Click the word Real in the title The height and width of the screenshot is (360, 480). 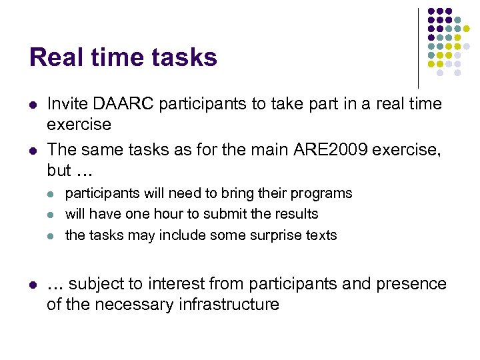click(55, 57)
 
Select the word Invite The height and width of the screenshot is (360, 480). click(69, 104)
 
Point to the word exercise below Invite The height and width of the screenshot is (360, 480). click(79, 125)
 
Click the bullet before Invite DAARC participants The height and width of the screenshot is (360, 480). click(33, 105)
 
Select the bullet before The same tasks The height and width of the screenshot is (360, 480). click(33, 149)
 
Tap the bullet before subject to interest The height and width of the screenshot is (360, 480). click(33, 284)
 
